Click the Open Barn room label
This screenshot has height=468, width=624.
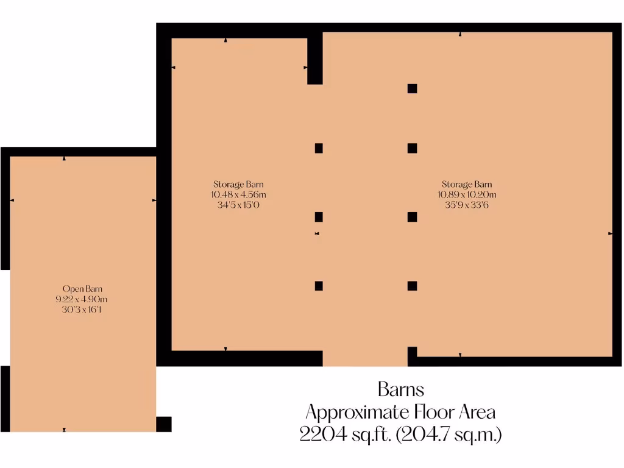coord(81,288)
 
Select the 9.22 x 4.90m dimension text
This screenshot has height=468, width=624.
coord(81,299)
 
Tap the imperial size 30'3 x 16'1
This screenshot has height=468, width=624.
coord(81,310)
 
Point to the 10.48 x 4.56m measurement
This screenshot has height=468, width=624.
coord(239,194)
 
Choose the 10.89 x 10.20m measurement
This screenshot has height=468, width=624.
coord(467,194)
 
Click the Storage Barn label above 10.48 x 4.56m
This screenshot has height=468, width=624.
coord(239,184)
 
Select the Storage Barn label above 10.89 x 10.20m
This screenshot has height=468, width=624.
coord(467,184)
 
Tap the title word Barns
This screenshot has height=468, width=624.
coord(400,389)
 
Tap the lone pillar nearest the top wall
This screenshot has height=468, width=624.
coord(412,88)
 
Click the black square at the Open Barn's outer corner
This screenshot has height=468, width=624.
coord(164,424)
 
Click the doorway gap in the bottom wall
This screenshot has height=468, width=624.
coord(364,358)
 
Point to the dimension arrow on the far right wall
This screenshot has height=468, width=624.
coord(610,233)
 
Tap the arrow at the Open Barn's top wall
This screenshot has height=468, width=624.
coord(65,158)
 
